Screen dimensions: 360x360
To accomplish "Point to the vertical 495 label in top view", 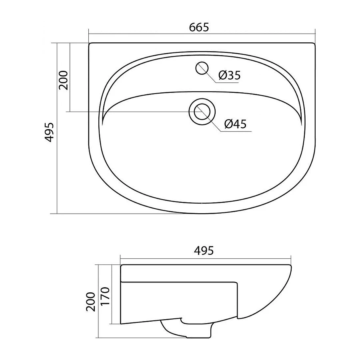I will [x=49, y=132].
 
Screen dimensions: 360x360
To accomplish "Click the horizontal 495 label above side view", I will [x=204, y=251].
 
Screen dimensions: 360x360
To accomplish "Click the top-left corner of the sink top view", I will [x=90, y=44].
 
